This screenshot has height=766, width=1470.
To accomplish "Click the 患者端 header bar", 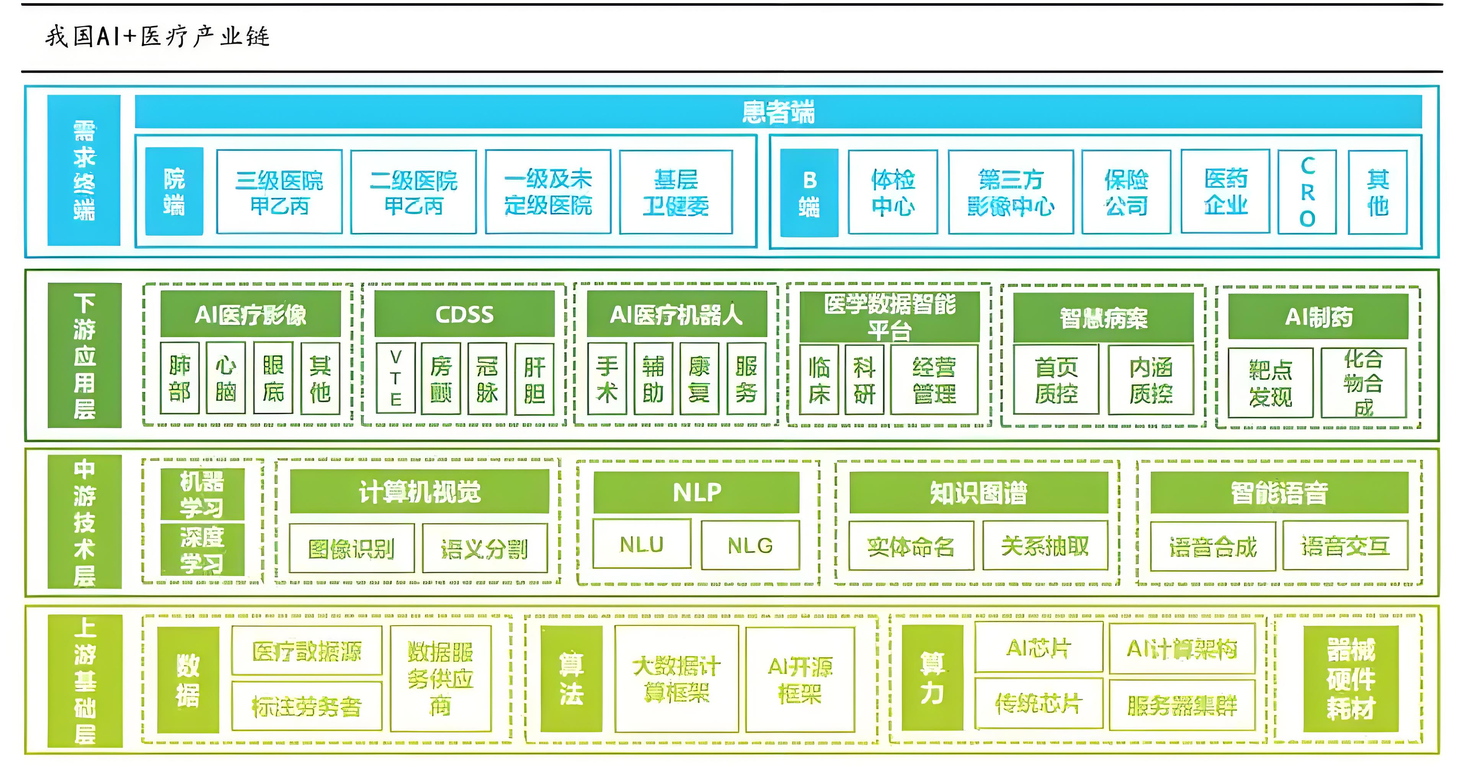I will (778, 112).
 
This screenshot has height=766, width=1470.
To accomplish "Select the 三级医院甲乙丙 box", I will (279, 192).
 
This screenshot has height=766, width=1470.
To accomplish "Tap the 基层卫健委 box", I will (676, 192).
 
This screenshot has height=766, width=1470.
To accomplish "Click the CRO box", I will (1307, 192).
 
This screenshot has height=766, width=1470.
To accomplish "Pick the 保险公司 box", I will (1126, 192).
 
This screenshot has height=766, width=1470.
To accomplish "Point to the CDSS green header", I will (464, 314).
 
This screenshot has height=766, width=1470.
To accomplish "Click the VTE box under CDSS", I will (395, 378).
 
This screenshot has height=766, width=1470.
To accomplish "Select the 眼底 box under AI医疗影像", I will (273, 378).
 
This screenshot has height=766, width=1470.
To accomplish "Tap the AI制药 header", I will (1318, 317).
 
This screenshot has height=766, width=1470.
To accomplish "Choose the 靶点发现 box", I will (1270, 383).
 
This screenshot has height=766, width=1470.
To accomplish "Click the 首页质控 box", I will (1056, 380).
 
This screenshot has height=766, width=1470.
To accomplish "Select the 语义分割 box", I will (485, 548).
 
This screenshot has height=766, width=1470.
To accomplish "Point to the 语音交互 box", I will (1344, 546).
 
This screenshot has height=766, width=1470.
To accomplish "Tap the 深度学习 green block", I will (203, 550).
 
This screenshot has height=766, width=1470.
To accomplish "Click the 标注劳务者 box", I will (306, 706).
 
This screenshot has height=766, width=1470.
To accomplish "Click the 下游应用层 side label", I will (85, 355).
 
